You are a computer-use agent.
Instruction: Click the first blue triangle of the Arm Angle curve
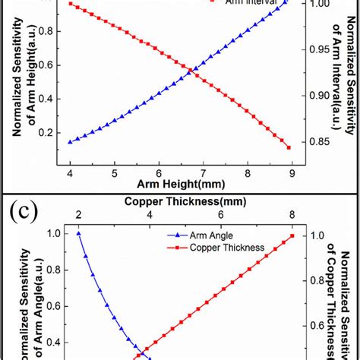pyautogui.click(x=78, y=234)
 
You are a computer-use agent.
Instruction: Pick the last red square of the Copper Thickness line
pyautogui.click(x=292, y=235)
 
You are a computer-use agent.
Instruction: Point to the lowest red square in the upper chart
pyautogui.click(x=289, y=147)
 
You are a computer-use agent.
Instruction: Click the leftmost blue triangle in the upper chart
pyautogui.click(x=71, y=141)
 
